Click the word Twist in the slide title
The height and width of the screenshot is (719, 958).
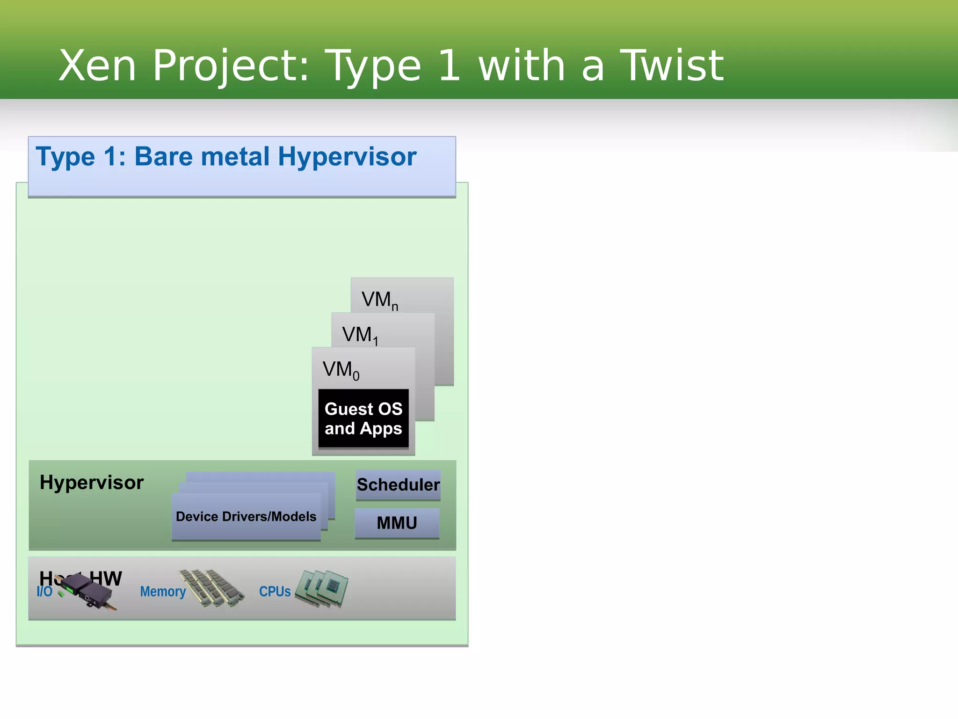672,66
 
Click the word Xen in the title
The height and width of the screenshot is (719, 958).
97,66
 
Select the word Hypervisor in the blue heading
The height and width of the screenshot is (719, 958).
347,157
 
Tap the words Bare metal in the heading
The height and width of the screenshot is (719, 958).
202,157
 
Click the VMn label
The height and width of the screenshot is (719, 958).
379,300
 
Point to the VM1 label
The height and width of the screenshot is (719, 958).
359,335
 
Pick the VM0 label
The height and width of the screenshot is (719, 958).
341,370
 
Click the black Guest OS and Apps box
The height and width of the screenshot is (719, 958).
363,418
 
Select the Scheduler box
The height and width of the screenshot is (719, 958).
398,484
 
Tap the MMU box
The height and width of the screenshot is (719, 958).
397,523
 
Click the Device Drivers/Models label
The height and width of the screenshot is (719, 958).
246,516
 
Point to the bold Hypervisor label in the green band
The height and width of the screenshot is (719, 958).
92,483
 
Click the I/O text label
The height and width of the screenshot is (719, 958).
44,592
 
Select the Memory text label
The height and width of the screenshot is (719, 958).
163,592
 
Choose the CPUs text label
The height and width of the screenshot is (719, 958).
275,592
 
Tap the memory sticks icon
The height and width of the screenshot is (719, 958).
211,588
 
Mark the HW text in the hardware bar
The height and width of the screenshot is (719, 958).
107,579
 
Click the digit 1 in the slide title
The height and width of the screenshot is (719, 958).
449,66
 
